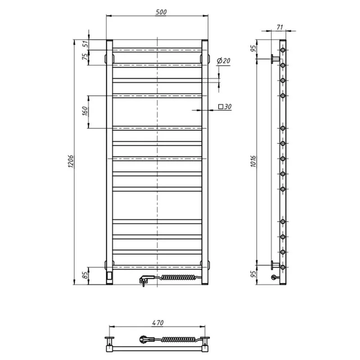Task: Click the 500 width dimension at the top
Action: coord(161,12)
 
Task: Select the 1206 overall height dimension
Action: coord(71,161)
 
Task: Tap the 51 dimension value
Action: coord(85,44)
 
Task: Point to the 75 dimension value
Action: coord(85,57)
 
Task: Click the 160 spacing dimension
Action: coord(85,111)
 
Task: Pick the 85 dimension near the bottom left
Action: coord(85,275)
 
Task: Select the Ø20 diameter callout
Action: coord(223,61)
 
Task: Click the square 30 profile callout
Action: coord(225,107)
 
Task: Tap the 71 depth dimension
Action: coord(279,27)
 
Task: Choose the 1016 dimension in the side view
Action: coord(253,161)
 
